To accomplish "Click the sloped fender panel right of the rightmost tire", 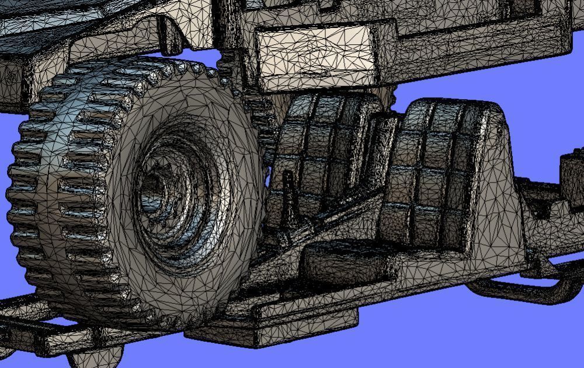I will tap(502, 175).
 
